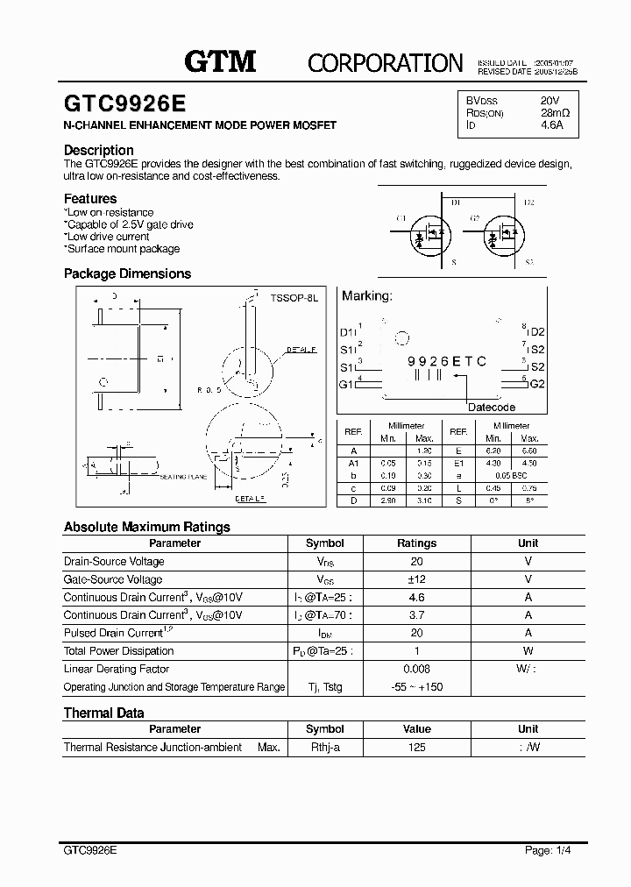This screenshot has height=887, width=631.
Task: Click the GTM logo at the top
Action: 219,60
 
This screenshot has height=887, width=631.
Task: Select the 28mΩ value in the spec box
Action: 556,113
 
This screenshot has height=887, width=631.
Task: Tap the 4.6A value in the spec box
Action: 553,125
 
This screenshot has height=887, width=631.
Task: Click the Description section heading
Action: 99,150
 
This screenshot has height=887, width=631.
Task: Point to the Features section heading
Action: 90,199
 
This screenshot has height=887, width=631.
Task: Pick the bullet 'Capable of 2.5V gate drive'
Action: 130,224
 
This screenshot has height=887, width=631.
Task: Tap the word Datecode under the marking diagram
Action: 491,408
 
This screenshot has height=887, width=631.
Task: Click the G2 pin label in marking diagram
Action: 537,384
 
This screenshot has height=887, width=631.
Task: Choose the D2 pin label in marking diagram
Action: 537,332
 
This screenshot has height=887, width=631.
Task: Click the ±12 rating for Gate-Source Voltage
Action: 416,579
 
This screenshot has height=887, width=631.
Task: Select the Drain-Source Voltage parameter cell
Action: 114,562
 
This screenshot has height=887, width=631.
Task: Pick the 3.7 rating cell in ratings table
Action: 416,615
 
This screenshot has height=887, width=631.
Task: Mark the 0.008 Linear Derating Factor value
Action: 416,669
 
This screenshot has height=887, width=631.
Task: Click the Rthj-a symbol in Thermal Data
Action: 324,748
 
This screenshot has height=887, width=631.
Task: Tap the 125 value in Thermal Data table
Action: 416,748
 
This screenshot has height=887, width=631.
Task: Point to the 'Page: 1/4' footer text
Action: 549,850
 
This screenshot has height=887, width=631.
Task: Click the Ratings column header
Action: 416,543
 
